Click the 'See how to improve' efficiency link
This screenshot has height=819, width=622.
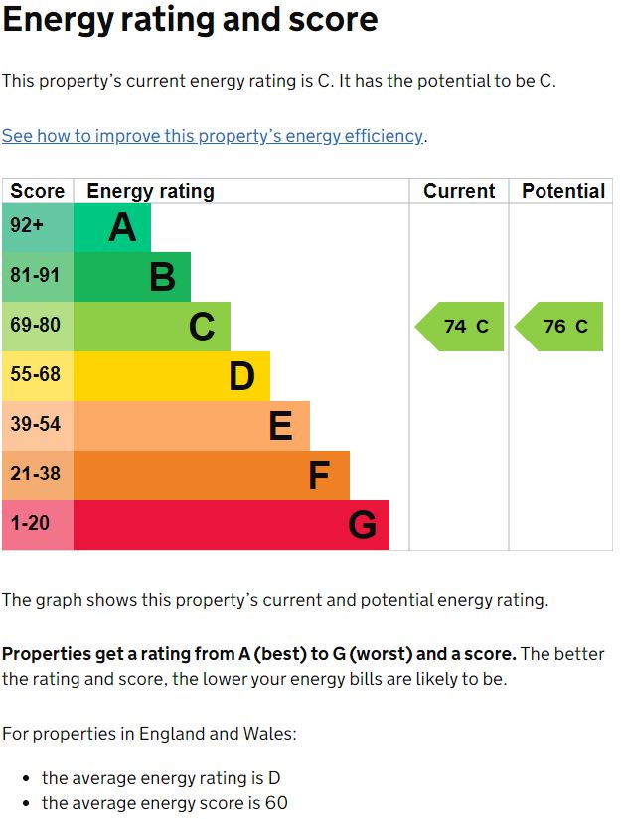click(x=213, y=136)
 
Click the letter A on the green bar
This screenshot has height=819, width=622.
click(x=122, y=227)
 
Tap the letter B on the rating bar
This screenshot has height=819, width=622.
click(x=162, y=277)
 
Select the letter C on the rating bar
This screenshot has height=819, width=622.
click(x=202, y=327)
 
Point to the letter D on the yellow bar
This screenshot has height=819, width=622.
click(x=241, y=376)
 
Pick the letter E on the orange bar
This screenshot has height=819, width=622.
click(x=281, y=426)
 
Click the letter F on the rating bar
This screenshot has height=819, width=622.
click(x=319, y=476)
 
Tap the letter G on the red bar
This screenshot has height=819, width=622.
click(x=362, y=525)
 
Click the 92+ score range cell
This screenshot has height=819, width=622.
click(x=28, y=226)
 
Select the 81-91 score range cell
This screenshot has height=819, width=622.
click(x=35, y=275)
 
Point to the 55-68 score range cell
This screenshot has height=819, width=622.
click(x=35, y=374)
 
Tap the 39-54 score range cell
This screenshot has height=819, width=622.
click(x=35, y=424)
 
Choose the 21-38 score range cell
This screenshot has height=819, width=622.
click(x=35, y=474)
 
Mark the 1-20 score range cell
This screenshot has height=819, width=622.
click(x=30, y=523)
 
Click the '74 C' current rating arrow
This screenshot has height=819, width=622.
click(x=462, y=327)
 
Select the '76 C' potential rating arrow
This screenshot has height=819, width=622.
click(x=561, y=327)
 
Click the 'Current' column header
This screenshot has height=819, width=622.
click(x=459, y=191)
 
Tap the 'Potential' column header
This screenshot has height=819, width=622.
click(x=563, y=191)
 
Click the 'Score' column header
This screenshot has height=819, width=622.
click(x=38, y=191)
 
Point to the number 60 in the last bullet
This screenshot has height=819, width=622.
click(x=276, y=803)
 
